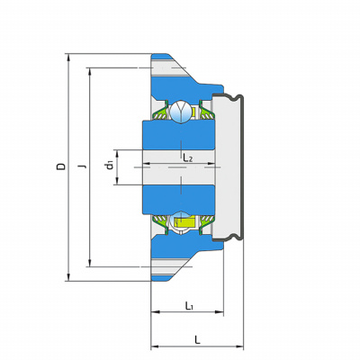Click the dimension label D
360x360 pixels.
(x=61, y=166)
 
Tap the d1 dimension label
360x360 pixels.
(x=110, y=165)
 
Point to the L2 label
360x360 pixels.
(x=188, y=157)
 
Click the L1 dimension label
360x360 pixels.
(x=189, y=306)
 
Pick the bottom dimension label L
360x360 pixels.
(x=197, y=340)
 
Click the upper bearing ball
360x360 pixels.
(x=181, y=112)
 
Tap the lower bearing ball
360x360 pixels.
(x=181, y=220)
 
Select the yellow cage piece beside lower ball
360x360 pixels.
(x=185, y=222)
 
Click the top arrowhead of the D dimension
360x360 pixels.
(x=68, y=58)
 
